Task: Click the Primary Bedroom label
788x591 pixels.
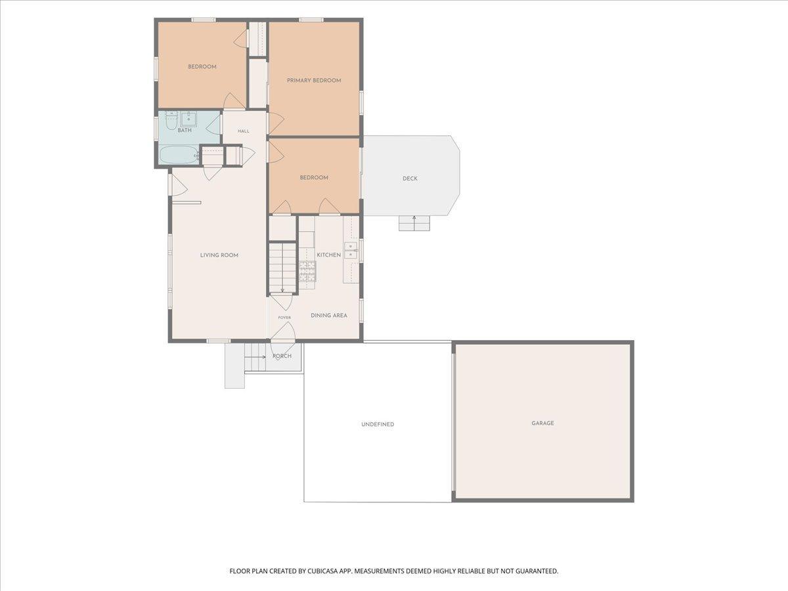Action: coord(314,80)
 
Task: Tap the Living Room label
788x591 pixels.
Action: coord(219,255)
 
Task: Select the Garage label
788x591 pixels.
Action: coord(542,423)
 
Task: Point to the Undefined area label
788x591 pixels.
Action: coord(378,424)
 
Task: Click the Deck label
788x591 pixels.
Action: coord(410,179)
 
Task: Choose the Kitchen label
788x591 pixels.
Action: coord(328,255)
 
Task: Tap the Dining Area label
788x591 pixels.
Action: coord(329,315)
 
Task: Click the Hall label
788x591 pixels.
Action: coord(244,131)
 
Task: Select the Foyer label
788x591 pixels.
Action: coord(284,318)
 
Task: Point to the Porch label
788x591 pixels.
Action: coord(282,356)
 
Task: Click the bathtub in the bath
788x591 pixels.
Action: coord(179,155)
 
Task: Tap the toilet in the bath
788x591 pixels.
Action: coord(171,120)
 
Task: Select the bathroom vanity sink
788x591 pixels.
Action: coord(188,118)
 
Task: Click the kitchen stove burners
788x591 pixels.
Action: coord(307,271)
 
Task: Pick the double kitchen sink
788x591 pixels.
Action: coord(351,250)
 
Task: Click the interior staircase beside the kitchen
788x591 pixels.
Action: coord(282,268)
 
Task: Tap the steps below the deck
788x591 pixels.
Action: coord(414,223)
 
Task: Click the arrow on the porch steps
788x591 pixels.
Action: coord(255,357)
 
